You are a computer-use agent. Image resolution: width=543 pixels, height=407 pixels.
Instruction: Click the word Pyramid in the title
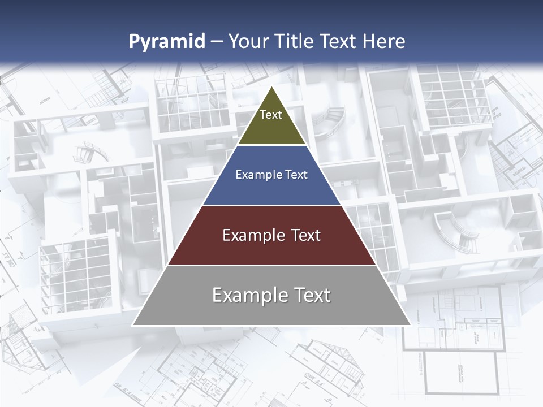[167, 42]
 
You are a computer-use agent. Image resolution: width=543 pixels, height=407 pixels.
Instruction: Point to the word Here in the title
[384, 41]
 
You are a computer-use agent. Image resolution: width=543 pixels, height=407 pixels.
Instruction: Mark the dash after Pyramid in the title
[217, 42]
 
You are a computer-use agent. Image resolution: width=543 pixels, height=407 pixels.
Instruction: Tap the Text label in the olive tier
[271, 115]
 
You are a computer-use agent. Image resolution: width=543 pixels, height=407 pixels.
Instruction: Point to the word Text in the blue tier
[296, 175]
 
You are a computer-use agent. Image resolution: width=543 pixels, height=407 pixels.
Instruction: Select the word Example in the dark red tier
[251, 235]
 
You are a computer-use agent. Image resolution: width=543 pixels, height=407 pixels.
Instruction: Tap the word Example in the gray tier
[247, 295]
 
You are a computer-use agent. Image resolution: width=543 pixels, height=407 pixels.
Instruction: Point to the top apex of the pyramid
[272, 86]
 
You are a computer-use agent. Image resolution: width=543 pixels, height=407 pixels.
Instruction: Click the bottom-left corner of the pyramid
[133, 325]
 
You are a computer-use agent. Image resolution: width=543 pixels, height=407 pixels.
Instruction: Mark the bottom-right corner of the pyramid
[411, 325]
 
